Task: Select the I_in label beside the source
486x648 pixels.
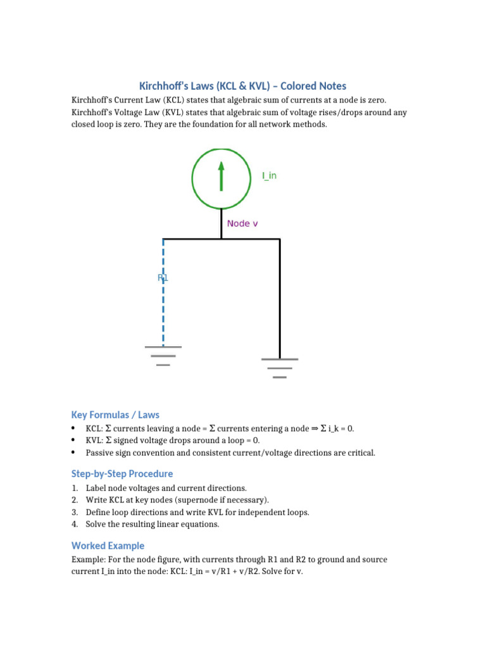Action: pyautogui.click(x=269, y=176)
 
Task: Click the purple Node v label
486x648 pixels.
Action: pyautogui.click(x=242, y=223)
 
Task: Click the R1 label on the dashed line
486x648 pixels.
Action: pyautogui.click(x=163, y=277)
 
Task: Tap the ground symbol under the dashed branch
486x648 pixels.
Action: pyautogui.click(x=163, y=356)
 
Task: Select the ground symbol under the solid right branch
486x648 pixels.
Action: pyautogui.click(x=280, y=368)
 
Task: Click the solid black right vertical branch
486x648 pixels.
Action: pyautogui.click(x=280, y=297)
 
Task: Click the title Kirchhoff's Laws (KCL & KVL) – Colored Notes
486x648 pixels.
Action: pyautogui.click(x=242, y=86)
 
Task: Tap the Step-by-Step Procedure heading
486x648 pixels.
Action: pyautogui.click(x=122, y=473)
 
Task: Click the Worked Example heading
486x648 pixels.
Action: pyautogui.click(x=108, y=545)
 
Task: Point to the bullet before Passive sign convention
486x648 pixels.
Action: pyautogui.click(x=74, y=452)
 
